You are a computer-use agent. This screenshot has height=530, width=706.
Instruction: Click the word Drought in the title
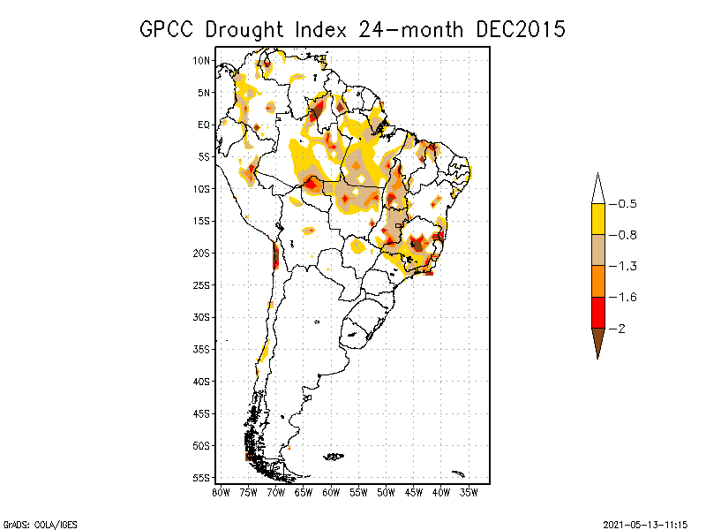(x=244, y=30)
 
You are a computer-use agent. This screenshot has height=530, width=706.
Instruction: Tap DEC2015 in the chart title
(x=521, y=30)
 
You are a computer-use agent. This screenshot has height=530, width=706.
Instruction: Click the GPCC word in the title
(x=167, y=30)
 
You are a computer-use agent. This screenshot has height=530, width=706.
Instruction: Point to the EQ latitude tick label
(x=204, y=125)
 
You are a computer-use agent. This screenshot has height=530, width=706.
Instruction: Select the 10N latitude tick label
(x=201, y=60)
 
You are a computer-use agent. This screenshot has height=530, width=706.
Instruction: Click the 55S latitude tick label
(x=201, y=478)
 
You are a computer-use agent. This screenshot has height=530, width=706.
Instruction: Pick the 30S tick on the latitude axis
(x=201, y=317)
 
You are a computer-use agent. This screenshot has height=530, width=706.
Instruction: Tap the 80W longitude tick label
(x=221, y=493)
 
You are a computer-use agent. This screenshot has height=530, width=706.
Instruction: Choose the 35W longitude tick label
(x=469, y=493)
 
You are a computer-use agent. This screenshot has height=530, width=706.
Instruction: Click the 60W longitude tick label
(x=331, y=493)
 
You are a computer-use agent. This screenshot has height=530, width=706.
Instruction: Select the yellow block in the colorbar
(x=598, y=219)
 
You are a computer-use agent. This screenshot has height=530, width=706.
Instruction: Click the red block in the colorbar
(x=598, y=313)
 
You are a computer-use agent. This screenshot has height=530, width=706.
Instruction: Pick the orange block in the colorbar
(x=598, y=281)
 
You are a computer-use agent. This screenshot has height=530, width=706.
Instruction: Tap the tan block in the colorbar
(x=598, y=250)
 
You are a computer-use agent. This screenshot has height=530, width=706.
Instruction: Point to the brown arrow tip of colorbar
(x=598, y=359)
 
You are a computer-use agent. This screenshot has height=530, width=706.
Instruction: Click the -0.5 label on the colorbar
(x=623, y=204)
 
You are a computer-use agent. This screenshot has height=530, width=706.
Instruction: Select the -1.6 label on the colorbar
(x=623, y=298)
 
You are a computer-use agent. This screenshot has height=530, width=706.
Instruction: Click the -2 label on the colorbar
(x=617, y=329)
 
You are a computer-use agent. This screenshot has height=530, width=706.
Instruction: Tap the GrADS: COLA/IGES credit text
(x=40, y=525)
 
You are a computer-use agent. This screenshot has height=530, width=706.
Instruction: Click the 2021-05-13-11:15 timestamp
(x=645, y=525)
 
